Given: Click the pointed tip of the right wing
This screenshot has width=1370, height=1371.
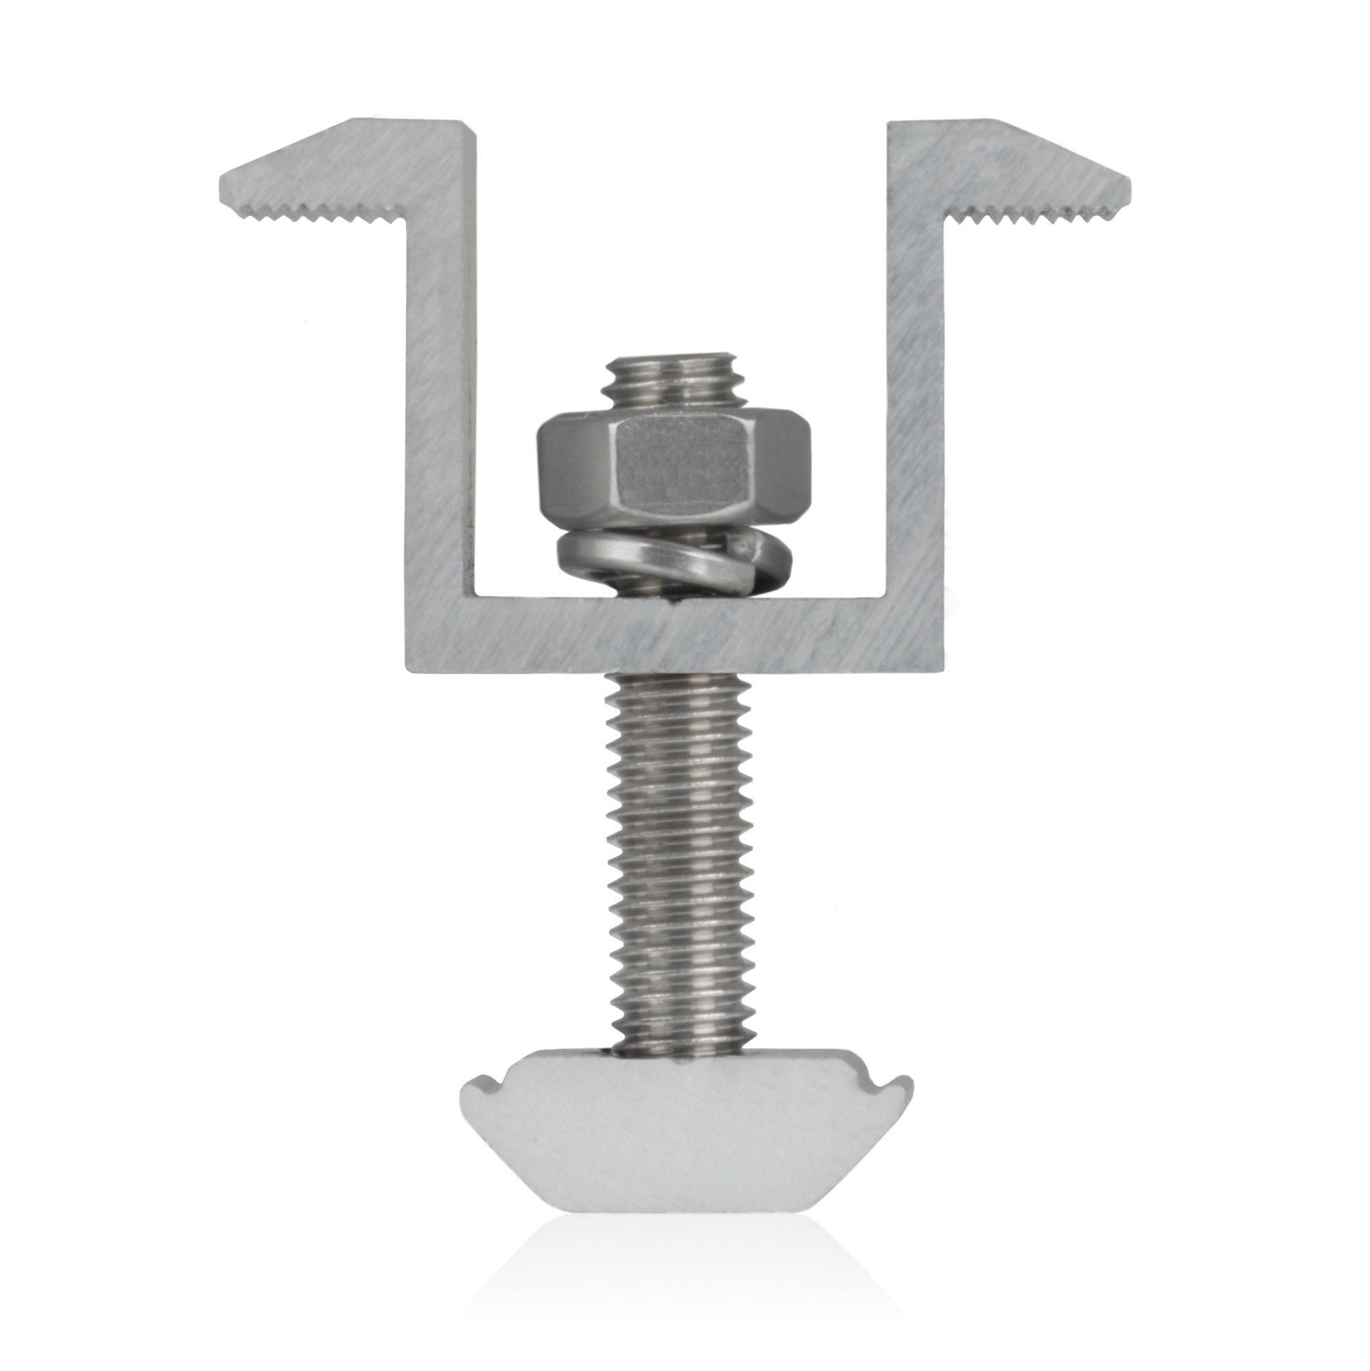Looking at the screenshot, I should [1132, 177].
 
